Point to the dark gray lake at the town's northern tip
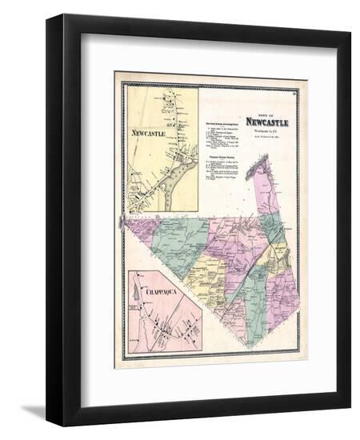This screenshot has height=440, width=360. (260, 166)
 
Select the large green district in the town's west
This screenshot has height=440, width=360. (180, 240)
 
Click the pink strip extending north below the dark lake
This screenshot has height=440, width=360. (266, 196)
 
